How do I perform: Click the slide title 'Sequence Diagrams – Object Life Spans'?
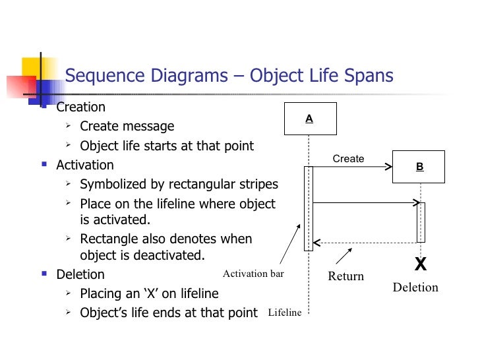229,76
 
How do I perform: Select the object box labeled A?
309,119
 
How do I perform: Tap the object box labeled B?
419,167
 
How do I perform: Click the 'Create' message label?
348,159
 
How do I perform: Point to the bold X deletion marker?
420,265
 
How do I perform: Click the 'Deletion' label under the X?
415,287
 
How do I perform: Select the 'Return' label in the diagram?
346,276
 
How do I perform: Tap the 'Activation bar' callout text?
253,274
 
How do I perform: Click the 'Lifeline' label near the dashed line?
284,313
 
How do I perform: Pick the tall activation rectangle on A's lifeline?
308,208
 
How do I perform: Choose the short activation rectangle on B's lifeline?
421,222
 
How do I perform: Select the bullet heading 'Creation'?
80,107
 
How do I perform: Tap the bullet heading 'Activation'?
85,165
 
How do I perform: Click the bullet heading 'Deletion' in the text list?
80,274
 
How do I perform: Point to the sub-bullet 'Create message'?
127,126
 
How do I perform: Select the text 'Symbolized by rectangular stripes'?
179,184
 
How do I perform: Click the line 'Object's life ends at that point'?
168,313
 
